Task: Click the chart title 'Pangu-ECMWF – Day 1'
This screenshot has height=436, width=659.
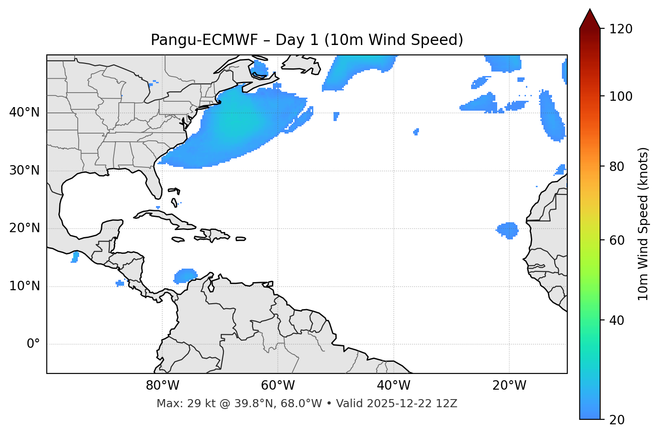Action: [307, 40]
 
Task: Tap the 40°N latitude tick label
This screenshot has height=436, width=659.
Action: [24, 112]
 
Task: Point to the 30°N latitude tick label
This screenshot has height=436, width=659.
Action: [24, 171]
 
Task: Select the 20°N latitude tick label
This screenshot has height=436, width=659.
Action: [24, 228]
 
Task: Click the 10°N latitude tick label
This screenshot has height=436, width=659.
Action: [24, 286]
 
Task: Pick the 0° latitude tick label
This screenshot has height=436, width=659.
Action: [33, 344]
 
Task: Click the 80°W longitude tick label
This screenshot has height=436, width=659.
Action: [162, 386]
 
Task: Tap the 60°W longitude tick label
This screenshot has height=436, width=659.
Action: [278, 386]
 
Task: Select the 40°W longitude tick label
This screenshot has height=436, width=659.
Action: [393, 386]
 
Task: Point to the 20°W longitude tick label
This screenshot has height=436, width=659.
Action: [509, 386]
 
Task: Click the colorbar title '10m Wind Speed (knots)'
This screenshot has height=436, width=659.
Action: [643, 224]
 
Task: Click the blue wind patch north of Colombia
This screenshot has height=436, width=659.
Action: [185, 275]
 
